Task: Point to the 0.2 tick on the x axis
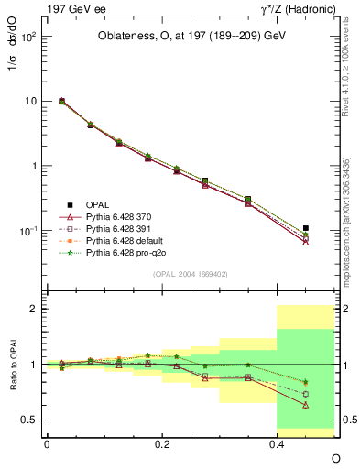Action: pyautogui.click(x=161, y=443)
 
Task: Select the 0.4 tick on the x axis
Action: pyautogui.click(x=277, y=443)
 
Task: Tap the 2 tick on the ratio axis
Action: pyautogui.click(x=33, y=309)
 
